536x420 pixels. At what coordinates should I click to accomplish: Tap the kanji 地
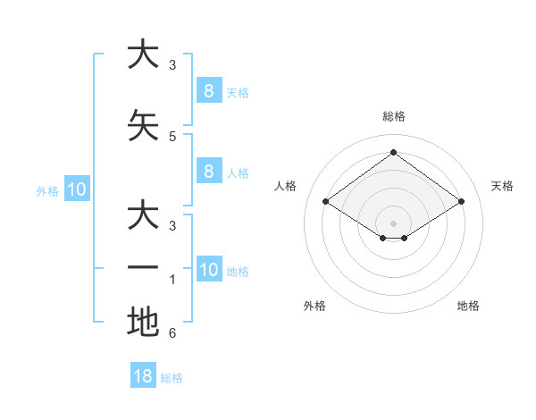(x=143, y=322)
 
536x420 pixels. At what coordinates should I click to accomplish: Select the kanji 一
(x=143, y=268)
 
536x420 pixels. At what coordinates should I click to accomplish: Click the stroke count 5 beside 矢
(x=172, y=137)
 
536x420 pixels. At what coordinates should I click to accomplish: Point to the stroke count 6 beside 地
(x=172, y=333)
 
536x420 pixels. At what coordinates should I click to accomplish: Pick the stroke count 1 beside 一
(x=172, y=280)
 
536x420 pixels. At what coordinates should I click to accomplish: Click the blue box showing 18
(x=143, y=375)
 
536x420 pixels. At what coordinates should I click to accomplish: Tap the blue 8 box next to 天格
(x=208, y=90)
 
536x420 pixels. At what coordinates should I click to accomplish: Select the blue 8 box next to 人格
(x=208, y=172)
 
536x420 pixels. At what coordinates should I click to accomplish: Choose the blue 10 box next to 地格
(x=208, y=270)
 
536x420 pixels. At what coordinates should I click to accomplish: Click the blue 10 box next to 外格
(x=77, y=189)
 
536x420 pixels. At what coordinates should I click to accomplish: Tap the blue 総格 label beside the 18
(x=172, y=378)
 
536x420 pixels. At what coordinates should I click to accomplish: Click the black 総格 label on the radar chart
(x=393, y=116)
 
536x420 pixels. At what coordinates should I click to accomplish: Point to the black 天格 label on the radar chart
(x=502, y=186)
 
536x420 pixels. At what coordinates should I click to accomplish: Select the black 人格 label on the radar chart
(x=285, y=186)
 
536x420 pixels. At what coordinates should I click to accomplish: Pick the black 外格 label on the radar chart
(x=314, y=306)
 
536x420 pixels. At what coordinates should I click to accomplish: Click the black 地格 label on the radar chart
(x=468, y=306)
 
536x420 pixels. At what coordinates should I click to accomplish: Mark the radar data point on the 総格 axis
(x=393, y=153)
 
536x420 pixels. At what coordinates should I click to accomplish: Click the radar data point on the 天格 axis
(x=461, y=201)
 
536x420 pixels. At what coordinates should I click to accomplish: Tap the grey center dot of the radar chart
(x=393, y=223)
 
